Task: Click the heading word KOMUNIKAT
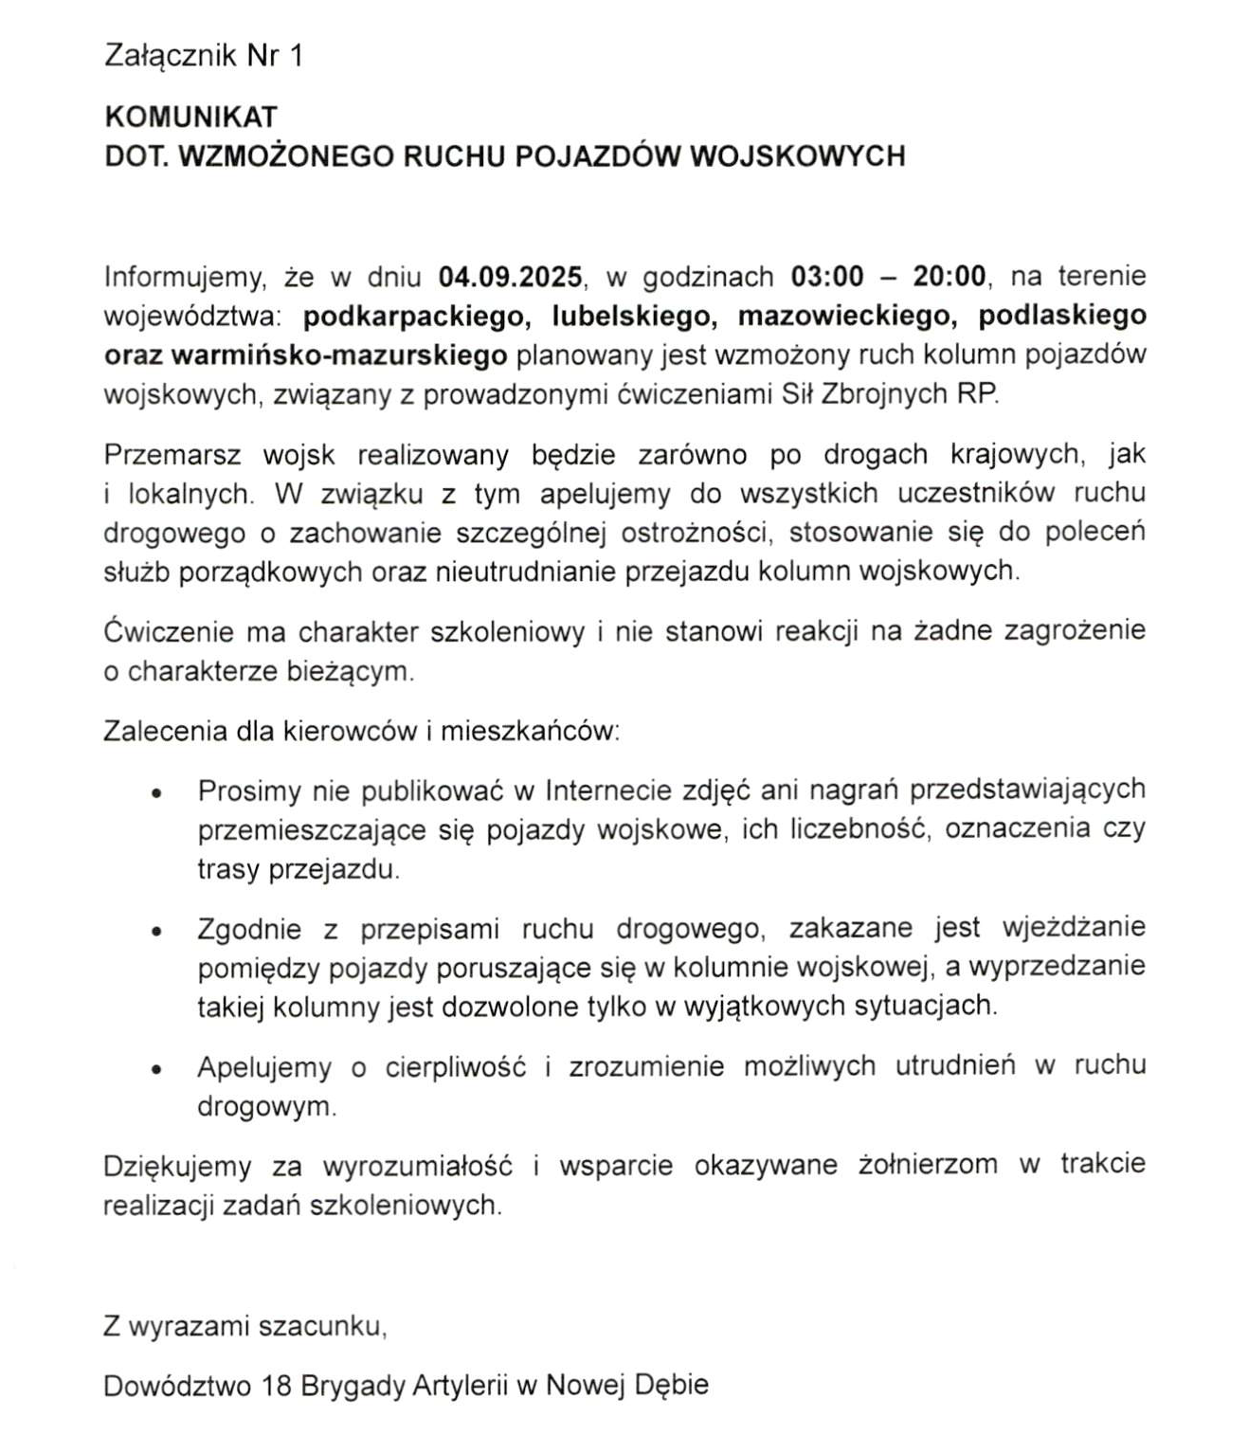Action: pos(190,117)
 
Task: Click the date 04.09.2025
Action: pos(510,277)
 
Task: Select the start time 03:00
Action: pos(827,277)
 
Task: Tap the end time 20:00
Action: pos(950,277)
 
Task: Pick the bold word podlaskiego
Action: pos(1062,316)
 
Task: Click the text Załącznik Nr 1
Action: pos(204,56)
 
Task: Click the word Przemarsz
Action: pos(172,455)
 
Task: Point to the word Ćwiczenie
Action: pos(166,631)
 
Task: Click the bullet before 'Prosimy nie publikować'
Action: pos(157,791)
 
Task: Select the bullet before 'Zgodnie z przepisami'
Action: pos(157,931)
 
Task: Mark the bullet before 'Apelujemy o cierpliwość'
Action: pos(157,1069)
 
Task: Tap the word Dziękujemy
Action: pos(177,1165)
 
